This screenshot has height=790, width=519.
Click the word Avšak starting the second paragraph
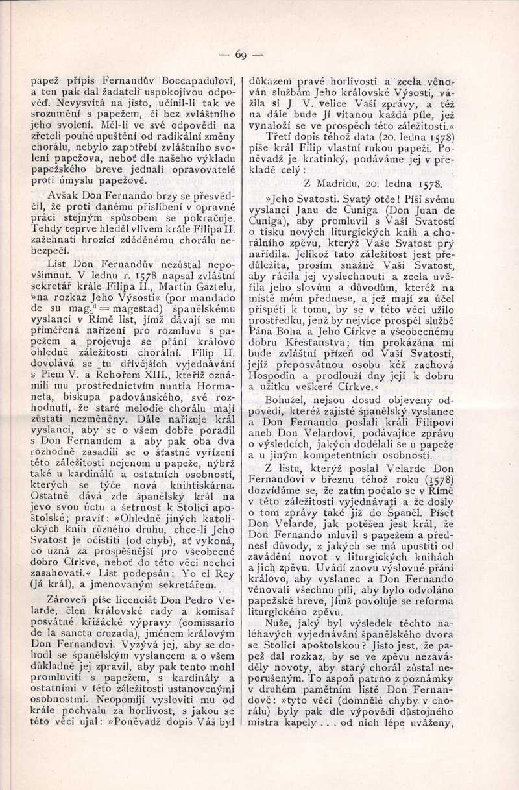coord(64,195)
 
